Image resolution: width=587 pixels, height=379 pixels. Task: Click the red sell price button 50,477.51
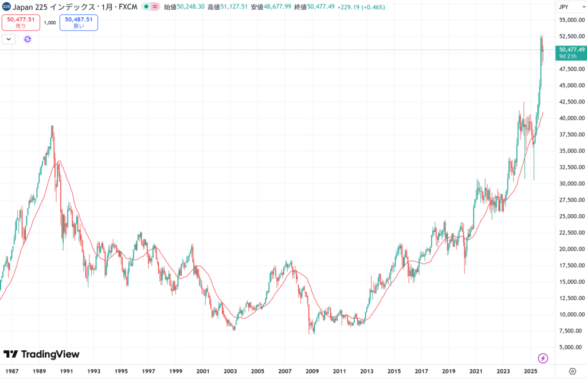point(21,22)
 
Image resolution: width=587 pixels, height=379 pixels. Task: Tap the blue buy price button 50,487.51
point(78,22)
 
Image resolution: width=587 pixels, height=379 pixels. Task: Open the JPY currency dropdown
point(564,7)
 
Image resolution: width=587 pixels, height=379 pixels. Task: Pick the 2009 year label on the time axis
point(312,371)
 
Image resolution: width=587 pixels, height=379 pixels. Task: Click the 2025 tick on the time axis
point(530,371)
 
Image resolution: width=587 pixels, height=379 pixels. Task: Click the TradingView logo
point(41,354)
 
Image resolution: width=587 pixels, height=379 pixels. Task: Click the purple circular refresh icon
point(28,39)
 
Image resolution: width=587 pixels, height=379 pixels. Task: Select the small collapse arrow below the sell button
point(8,39)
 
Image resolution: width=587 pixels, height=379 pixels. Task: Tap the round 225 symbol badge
point(6,7)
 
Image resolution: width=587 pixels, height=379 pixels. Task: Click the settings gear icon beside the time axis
point(572,371)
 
